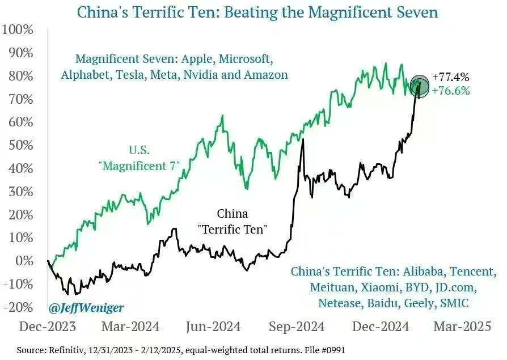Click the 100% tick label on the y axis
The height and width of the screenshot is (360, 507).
19,29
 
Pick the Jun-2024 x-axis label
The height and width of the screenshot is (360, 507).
213,327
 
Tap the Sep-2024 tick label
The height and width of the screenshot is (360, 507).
297,327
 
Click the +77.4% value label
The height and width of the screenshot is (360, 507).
450,77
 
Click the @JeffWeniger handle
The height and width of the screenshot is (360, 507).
86,308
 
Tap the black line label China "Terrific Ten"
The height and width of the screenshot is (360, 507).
233,222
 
